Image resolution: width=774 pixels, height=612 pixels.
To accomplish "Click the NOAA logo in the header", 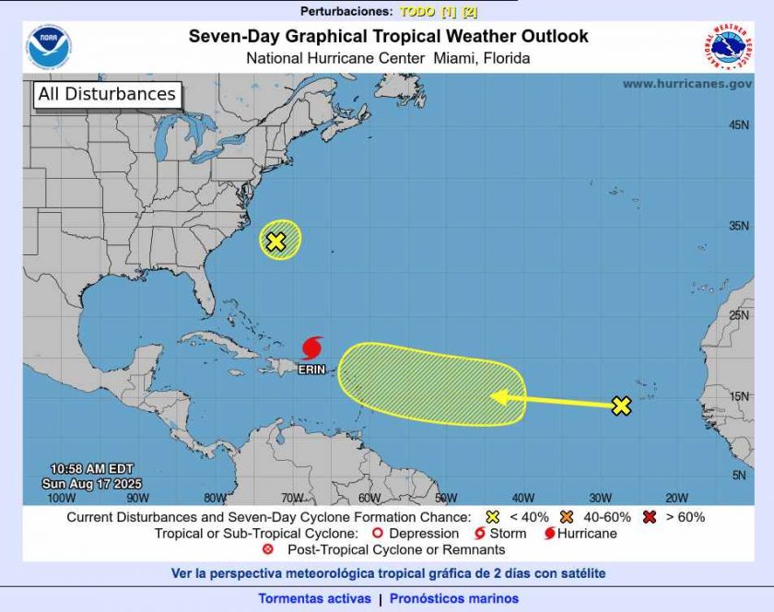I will [49, 48].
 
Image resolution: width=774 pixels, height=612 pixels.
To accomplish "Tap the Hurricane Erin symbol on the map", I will [312, 348].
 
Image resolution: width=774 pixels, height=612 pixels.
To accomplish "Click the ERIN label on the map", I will [311, 370].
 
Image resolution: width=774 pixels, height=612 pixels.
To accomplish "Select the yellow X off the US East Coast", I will [276, 241].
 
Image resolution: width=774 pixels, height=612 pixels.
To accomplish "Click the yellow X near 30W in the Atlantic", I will [621, 406].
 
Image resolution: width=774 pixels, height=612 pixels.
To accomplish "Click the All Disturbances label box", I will [106, 94].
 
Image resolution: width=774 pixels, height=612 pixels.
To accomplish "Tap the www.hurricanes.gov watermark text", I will [686, 84].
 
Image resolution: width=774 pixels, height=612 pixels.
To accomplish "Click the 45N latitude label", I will [738, 124].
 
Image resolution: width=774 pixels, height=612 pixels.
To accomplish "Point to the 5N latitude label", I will [740, 475].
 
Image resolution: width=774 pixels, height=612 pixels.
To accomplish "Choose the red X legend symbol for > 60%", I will [650, 517].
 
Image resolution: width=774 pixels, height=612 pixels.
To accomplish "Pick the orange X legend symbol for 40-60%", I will [567, 517].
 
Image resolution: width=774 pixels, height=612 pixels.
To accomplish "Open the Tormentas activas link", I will [314, 599].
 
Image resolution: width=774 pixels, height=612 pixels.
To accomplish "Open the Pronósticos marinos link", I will [453, 599].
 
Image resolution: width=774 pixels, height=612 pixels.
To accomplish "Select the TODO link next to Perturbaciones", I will [416, 12].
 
